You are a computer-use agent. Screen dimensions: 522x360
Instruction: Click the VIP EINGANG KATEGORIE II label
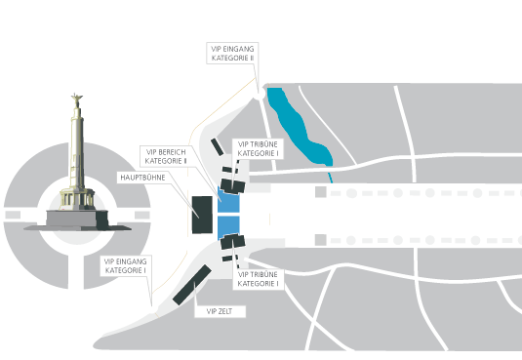coord(232,54)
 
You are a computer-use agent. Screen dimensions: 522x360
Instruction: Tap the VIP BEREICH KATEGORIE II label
coord(166,156)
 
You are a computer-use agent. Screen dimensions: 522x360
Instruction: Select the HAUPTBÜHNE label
coord(142,178)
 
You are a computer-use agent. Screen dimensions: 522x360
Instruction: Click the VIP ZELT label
coord(220,311)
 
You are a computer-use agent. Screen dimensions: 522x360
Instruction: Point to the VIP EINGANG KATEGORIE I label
coord(126,265)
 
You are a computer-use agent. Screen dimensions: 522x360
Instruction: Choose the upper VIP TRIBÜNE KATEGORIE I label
coord(258,149)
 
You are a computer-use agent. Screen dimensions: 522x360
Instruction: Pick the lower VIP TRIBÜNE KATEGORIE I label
coord(258,279)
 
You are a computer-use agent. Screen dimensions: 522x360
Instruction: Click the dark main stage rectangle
coord(202,215)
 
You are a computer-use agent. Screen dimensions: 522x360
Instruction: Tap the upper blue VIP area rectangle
coord(228,199)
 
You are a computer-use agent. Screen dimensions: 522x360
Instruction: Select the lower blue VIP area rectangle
coord(228,227)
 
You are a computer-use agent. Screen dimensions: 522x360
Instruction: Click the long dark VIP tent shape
coord(192,285)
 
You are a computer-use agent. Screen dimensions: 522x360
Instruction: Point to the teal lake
coord(299,127)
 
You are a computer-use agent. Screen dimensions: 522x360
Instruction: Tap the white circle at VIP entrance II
coord(259,94)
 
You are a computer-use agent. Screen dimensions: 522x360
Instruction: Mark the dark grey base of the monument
coord(77,220)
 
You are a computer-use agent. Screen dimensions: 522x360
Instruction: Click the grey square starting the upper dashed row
coord(321,192)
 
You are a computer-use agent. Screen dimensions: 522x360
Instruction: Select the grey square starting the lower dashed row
coord(321,240)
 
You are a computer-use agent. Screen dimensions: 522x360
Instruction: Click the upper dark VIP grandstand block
coord(233,186)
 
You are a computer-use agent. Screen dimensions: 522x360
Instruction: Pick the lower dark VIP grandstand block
coord(233,241)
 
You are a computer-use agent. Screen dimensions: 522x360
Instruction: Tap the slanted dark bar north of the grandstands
coord(217,147)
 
